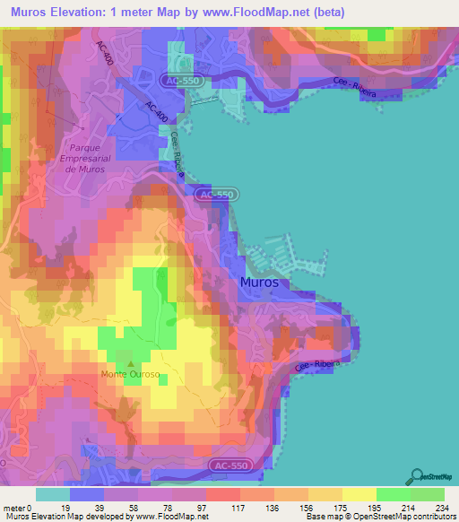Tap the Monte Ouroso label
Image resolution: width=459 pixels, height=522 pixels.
point(130,374)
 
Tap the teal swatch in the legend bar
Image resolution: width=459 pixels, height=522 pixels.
point(53,494)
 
